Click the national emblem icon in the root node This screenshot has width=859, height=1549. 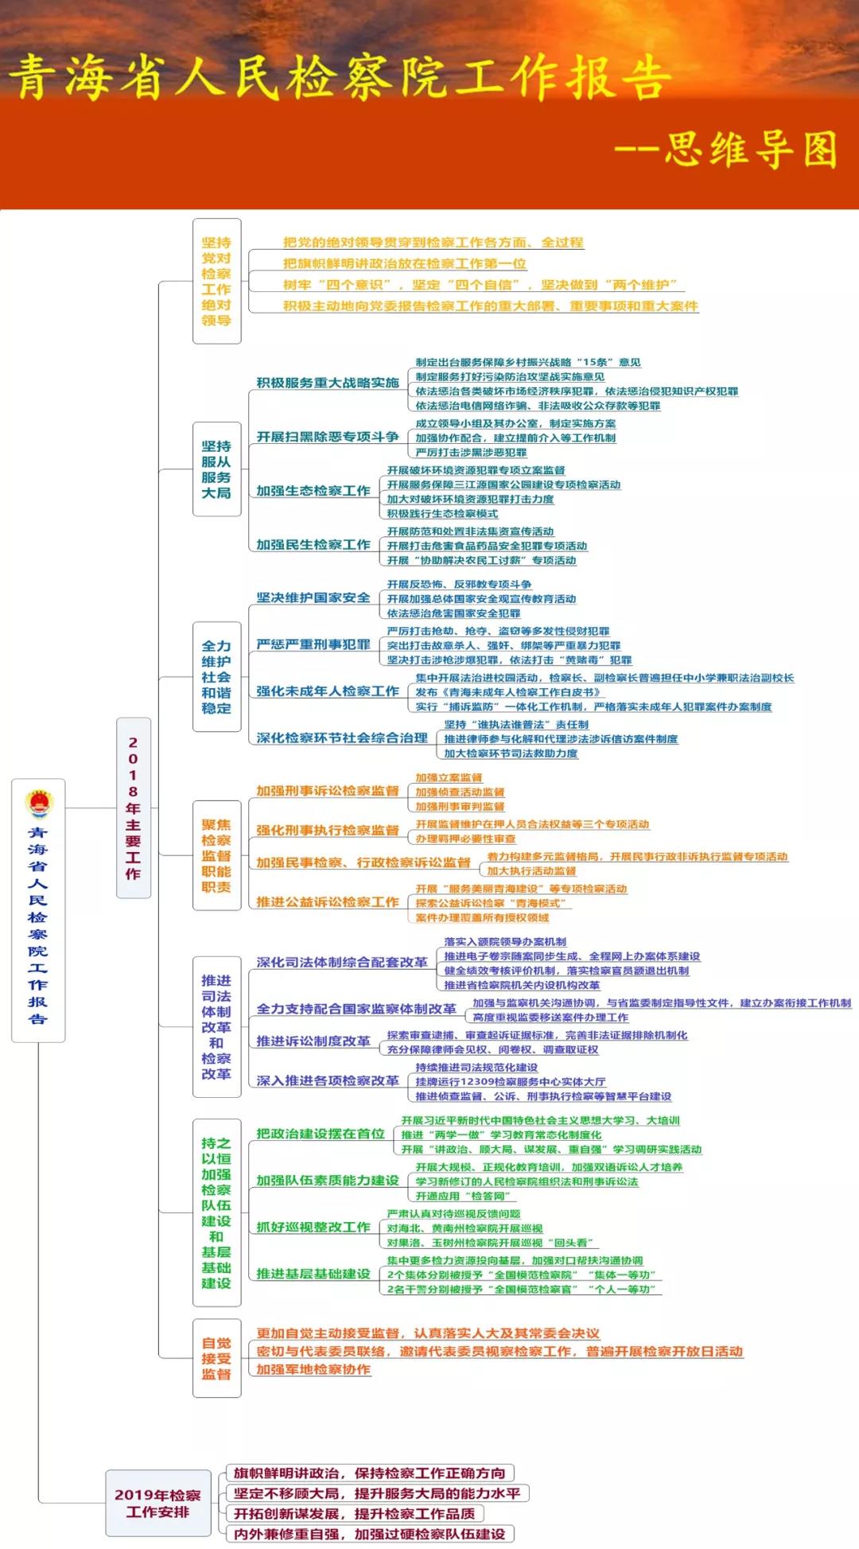pyautogui.click(x=38, y=804)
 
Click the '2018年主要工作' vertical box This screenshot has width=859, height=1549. pyautogui.click(x=133, y=808)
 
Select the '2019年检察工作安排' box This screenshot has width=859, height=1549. pyautogui.click(x=157, y=1503)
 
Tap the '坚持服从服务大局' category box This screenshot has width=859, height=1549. pyautogui.click(x=216, y=469)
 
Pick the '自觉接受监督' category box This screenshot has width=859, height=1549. pyautogui.click(x=216, y=1358)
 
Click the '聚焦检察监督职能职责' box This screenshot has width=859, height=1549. pyautogui.click(x=216, y=855)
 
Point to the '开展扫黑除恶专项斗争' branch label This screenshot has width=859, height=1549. pyautogui.click(x=327, y=437)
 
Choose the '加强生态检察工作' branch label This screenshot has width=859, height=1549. pyautogui.click(x=313, y=491)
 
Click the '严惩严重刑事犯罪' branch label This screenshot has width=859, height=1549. pyautogui.click(x=313, y=644)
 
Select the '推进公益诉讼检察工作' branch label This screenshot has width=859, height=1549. pyautogui.click(x=327, y=902)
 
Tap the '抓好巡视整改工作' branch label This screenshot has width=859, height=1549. pyautogui.click(x=313, y=1228)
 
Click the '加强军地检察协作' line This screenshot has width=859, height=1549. pyautogui.click(x=313, y=1369)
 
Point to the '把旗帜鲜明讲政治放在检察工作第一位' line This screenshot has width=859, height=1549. pyautogui.click(x=404, y=263)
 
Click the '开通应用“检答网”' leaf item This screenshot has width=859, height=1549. pyautogui.click(x=465, y=1196)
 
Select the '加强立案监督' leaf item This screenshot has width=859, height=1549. pyautogui.click(x=449, y=777)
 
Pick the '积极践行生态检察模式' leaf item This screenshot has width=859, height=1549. pyautogui.click(x=442, y=514)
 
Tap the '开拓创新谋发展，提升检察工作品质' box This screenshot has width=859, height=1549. pyautogui.click(x=354, y=1513)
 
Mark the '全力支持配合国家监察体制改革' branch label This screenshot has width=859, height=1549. pyautogui.click(x=356, y=1009)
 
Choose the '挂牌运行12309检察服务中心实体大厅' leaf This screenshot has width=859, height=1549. pyautogui.click(x=510, y=1082)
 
